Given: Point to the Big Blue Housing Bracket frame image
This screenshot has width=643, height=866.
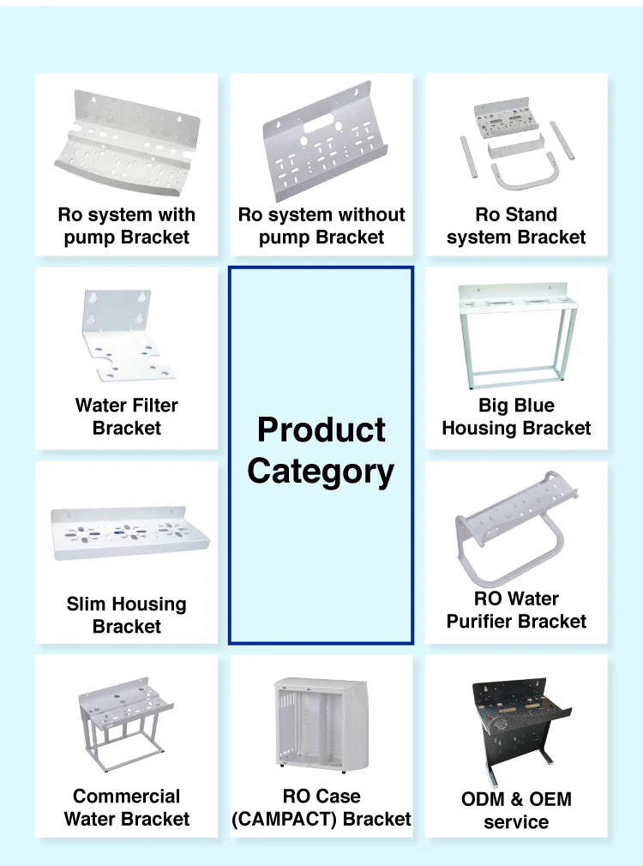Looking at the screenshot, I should [516, 334].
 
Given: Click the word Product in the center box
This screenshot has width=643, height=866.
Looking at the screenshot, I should [321, 430].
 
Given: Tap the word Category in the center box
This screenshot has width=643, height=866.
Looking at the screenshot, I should [321, 472].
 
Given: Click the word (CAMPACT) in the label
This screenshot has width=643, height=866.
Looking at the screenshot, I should [280, 819].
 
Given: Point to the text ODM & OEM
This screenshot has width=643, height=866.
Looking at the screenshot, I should [516, 799].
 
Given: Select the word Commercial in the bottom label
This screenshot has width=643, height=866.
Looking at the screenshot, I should [127, 797].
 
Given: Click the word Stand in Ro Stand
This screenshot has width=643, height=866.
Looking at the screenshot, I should [531, 214].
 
